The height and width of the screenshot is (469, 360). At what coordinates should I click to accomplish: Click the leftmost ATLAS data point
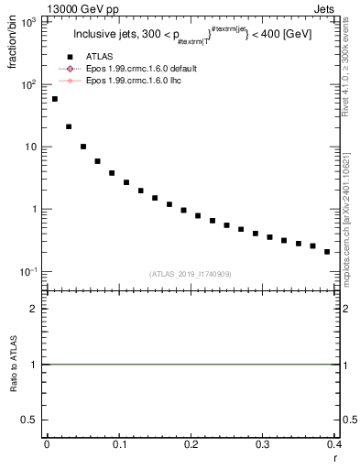pos(55,99)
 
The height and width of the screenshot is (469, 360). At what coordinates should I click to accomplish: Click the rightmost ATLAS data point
pos(327,252)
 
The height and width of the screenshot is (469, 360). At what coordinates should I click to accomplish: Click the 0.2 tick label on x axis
pos(191,444)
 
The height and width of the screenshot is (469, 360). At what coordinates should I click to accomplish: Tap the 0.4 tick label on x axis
pos(333,444)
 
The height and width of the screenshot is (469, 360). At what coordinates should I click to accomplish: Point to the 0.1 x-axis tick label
pos(119,444)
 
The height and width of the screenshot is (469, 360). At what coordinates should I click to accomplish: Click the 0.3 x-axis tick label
pos(262,444)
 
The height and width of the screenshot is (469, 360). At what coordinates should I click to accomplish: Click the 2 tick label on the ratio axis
pos(37,309)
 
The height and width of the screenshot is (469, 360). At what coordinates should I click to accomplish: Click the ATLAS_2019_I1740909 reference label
pos(190,274)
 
